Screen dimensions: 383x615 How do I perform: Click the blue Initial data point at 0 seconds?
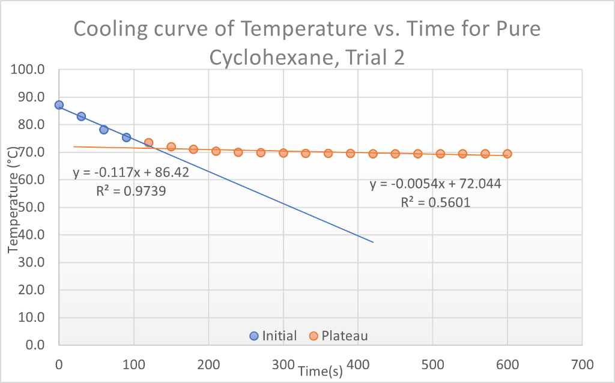point(59,105)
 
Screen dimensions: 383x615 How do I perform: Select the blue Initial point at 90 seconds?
point(126,137)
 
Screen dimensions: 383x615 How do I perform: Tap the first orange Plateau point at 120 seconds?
point(148,143)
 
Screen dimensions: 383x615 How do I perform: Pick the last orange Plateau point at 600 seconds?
point(507,154)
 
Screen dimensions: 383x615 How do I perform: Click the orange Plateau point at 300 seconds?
point(283,152)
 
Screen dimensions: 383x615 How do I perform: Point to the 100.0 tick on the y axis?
point(28,70)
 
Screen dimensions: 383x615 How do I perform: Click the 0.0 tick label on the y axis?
point(33,345)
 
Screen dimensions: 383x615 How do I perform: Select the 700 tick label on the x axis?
point(582,364)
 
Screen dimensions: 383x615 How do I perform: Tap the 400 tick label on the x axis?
point(358,364)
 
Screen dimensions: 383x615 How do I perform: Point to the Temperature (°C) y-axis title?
point(13,204)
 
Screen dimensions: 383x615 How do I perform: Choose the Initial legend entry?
point(273,336)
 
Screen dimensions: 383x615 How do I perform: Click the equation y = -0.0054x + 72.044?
point(435,184)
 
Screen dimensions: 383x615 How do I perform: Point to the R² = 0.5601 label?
point(435,202)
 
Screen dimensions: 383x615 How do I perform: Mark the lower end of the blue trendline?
point(373,242)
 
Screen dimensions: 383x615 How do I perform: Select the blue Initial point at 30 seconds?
point(81,116)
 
